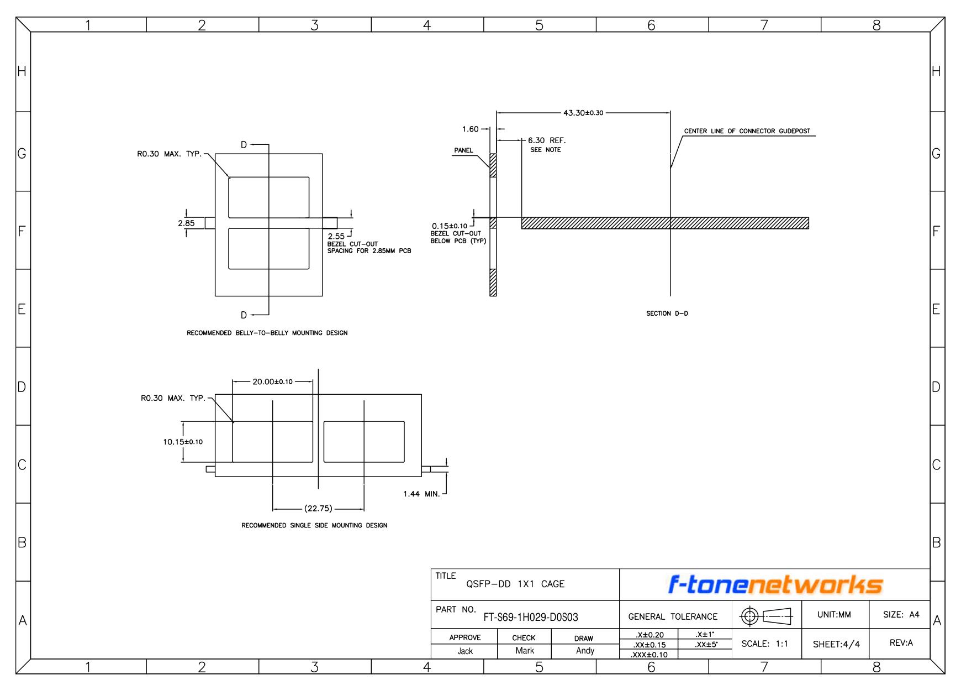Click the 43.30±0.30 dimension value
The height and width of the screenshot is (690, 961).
click(x=583, y=113)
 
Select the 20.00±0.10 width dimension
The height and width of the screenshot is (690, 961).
click(x=272, y=381)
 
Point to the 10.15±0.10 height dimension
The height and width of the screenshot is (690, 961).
click(x=183, y=442)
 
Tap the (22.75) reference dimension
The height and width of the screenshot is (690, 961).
click(x=318, y=509)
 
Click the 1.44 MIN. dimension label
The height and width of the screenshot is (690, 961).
click(x=421, y=494)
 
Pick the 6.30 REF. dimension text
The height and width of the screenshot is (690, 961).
click(x=547, y=140)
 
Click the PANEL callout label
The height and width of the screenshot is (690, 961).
click(x=463, y=150)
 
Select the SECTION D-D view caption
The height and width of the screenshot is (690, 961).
click(x=667, y=313)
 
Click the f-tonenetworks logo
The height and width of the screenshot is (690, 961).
click(x=775, y=584)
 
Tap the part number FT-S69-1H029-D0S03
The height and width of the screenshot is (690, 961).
click(x=531, y=617)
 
